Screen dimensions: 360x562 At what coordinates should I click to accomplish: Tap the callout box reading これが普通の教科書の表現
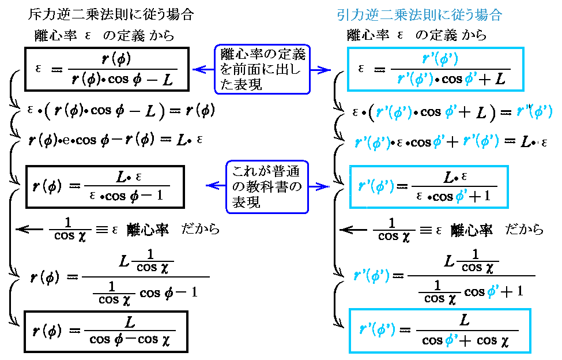coord(266,186)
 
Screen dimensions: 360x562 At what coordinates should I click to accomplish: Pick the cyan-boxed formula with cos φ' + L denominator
coord(436,70)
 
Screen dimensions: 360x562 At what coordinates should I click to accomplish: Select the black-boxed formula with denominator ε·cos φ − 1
coord(105,186)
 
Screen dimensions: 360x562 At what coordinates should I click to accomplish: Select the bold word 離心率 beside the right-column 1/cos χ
coord(472,230)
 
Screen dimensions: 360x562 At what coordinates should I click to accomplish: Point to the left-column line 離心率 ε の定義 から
coord(104,36)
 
